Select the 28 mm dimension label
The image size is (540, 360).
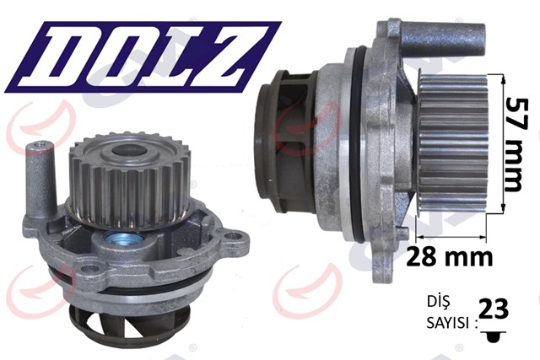450,257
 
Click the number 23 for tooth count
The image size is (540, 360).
494,309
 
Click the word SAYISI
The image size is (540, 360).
448,323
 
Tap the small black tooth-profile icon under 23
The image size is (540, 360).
494,336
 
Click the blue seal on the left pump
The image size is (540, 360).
123,238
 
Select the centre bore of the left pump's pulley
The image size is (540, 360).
127,150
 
